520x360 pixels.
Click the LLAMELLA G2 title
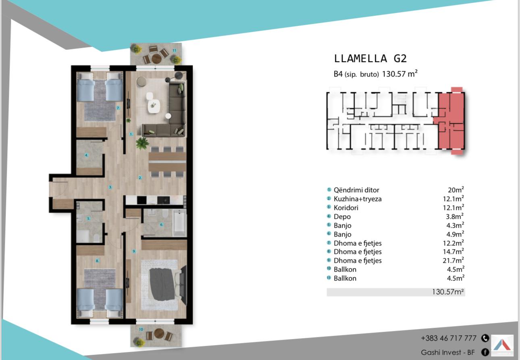[x=370, y=58]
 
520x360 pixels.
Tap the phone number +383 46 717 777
[x=449, y=338]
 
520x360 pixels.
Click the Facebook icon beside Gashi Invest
[x=485, y=352]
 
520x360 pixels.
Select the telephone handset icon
[x=485, y=338]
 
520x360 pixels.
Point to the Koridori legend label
[x=346, y=208]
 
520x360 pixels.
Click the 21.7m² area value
[x=453, y=260]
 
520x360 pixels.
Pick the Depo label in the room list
[x=342, y=217]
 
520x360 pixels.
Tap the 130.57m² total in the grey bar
[x=448, y=292]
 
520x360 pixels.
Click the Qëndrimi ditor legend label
[x=356, y=190]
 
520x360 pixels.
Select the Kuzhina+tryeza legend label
[x=358, y=199]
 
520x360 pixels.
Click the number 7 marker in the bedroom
[x=118, y=108]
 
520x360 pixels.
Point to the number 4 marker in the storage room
[x=86, y=155]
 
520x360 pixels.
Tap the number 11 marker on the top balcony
[x=174, y=50]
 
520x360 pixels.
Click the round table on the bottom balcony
[x=159, y=333]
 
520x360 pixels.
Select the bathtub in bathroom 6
[x=179, y=223]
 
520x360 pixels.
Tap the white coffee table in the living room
[x=154, y=106]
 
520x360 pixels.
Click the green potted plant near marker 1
[x=142, y=143]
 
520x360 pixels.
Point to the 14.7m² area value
[x=453, y=252]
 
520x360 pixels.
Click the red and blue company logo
[x=502, y=345]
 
